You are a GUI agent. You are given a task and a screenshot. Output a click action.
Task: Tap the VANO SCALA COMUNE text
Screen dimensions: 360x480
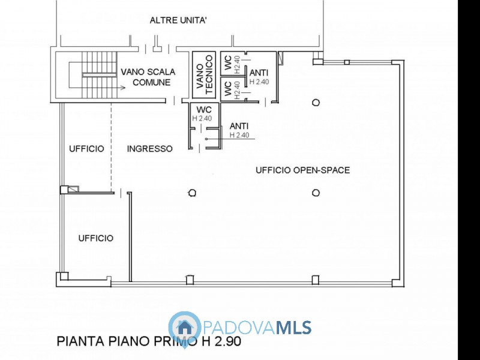[x=148, y=77]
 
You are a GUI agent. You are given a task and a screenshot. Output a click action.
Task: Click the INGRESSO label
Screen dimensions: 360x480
[x=150, y=148]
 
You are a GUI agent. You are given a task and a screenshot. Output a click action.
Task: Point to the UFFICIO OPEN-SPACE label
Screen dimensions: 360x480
[x=302, y=170]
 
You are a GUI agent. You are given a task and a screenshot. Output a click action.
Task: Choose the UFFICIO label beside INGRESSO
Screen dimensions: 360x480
[x=86, y=148]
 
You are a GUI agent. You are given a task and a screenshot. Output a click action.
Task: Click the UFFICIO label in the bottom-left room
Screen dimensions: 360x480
[x=95, y=238]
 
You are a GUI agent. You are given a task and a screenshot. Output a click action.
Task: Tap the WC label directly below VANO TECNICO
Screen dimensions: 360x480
[x=203, y=110]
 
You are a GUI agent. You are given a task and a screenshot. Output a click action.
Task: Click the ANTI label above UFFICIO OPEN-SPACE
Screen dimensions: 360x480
[x=239, y=126]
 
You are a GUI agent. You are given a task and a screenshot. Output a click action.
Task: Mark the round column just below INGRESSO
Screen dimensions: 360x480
[x=191, y=193]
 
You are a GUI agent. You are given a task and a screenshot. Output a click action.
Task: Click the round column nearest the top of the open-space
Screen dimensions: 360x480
[x=316, y=103]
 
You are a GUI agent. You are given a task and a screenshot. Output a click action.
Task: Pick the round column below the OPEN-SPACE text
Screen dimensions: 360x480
[x=316, y=193]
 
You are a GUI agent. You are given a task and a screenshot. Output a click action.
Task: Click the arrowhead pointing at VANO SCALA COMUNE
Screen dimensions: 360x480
[x=122, y=88]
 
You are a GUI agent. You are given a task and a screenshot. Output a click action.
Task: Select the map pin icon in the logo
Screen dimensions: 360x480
[x=185, y=328]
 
